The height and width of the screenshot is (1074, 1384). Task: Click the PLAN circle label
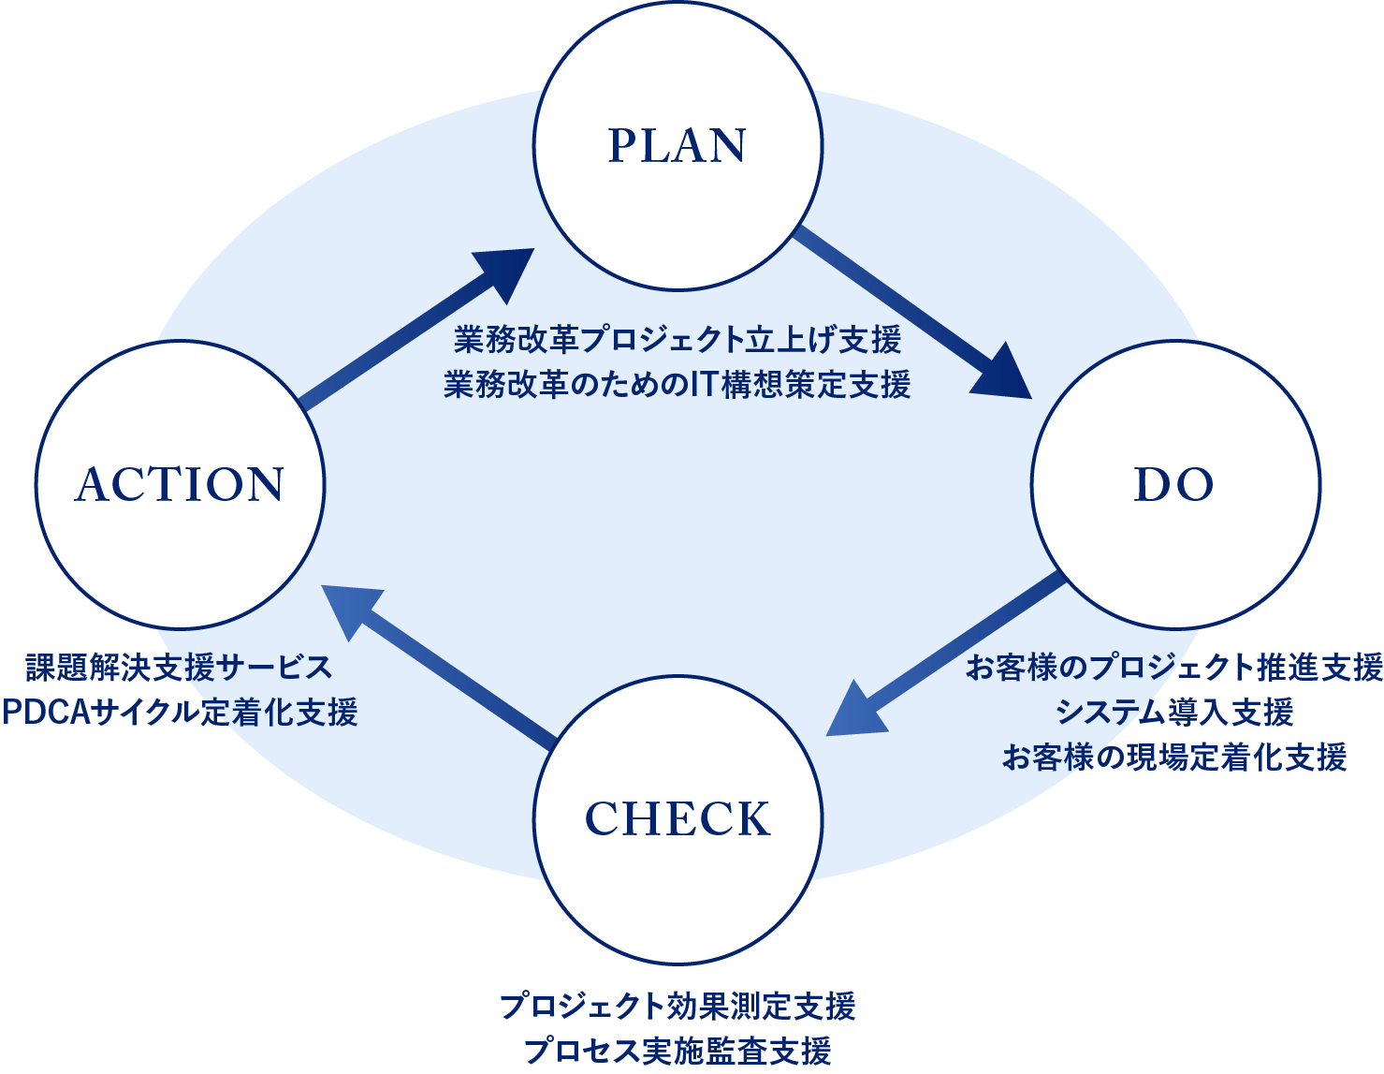point(677,146)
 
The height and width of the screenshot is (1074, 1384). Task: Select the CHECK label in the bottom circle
point(677,819)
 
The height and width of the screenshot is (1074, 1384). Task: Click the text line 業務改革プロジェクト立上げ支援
point(677,340)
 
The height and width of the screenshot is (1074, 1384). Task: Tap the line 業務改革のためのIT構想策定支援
point(677,385)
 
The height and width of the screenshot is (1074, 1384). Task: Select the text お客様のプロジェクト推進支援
point(1173,668)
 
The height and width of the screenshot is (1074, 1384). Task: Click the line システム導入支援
point(1173,713)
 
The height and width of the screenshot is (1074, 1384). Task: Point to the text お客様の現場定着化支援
point(1173,757)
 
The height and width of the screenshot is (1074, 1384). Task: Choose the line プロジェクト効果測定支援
point(677,1007)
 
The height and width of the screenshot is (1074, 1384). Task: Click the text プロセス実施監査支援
point(677,1051)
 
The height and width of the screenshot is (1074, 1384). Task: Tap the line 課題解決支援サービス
point(179,669)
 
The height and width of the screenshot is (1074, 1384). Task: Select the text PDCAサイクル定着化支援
point(179,713)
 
